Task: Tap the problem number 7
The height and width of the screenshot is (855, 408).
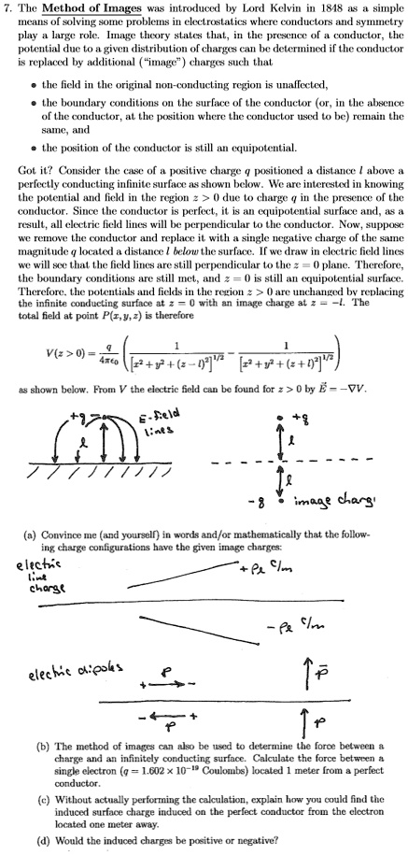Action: tap(6, 9)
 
